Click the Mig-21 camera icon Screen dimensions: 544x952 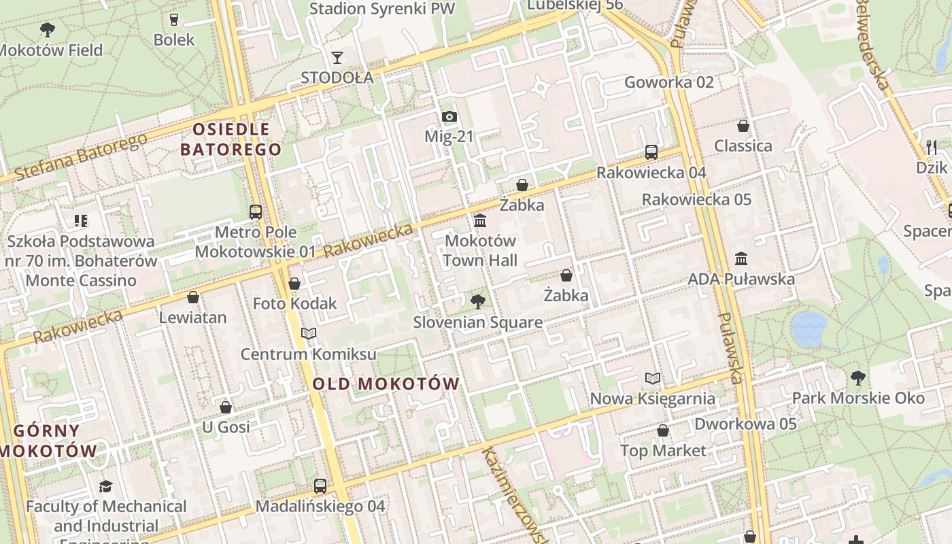449,117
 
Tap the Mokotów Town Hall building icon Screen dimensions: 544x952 480,220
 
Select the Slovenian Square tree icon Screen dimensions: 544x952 478,301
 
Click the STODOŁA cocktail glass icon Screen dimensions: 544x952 337,57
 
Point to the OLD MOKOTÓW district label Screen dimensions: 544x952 386,384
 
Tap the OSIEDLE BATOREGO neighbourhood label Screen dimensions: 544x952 231,139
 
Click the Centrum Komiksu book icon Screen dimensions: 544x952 309,333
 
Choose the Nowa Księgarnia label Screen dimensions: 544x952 652,398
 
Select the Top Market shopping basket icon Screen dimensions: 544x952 663,430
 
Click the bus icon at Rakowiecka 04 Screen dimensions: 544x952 651,152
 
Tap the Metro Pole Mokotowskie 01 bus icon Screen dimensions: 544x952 256,211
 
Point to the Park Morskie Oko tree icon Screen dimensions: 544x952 858,377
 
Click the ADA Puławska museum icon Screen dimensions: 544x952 741,258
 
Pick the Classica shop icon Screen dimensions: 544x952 743,126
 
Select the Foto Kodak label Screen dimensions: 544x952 295,303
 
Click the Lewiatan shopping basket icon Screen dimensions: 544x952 193,297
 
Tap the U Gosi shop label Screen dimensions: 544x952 226,427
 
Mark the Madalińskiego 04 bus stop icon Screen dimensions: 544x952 320,486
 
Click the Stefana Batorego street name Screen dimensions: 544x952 80,158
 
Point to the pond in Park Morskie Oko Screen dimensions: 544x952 809,328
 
